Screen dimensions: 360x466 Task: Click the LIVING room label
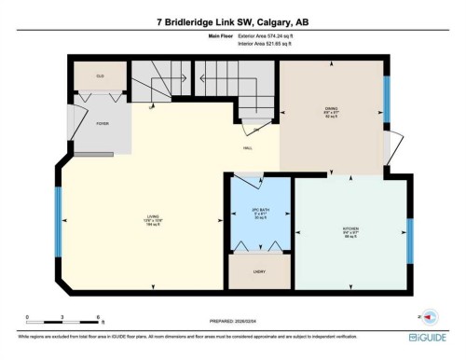point(151,215)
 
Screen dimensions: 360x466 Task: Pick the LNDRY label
point(259,271)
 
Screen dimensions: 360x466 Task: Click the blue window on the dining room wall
point(388,92)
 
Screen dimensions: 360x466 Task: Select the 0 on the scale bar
point(27,318)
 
